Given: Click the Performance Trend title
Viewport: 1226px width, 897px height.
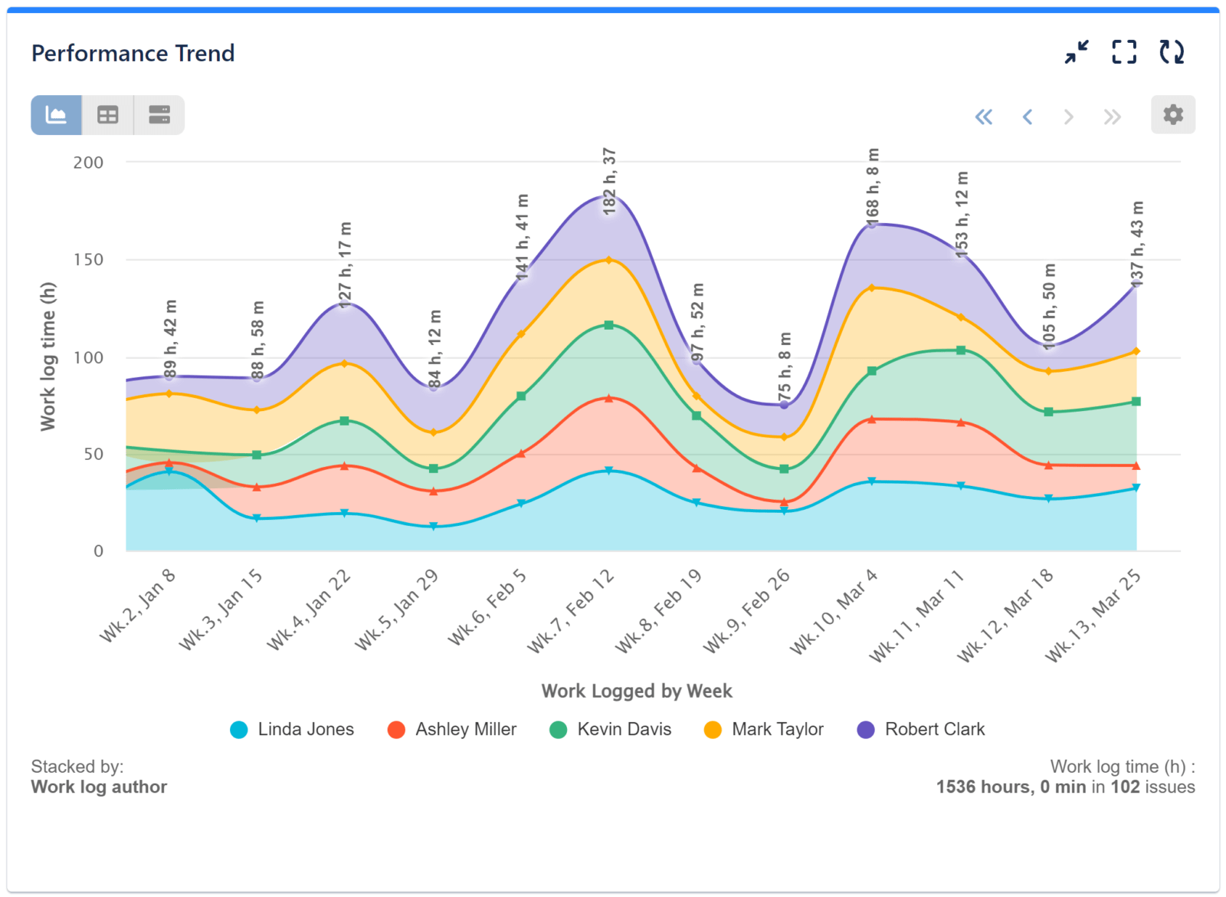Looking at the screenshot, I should click(133, 54).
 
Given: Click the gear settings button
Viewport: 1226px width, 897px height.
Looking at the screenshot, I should click(1172, 115).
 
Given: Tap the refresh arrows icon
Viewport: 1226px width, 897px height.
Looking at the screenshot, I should click(1171, 52).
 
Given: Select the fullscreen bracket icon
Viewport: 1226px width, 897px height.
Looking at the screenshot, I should click(1124, 52).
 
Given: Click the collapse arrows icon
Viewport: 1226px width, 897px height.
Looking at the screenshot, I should click(1077, 52).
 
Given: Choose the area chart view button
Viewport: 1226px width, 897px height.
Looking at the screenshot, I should click(56, 115).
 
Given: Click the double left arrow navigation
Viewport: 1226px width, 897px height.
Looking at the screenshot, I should click(983, 117).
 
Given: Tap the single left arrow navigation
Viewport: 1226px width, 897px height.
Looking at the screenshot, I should click(1028, 117).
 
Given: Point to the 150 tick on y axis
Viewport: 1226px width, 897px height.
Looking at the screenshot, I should click(88, 260).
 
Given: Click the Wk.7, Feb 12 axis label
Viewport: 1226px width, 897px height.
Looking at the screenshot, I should click(572, 611).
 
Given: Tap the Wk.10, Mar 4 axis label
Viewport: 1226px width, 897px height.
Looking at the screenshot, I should click(834, 611).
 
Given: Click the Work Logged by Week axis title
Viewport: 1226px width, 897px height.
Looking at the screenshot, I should click(637, 691).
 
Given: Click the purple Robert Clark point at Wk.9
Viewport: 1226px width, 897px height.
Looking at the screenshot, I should click(784, 404).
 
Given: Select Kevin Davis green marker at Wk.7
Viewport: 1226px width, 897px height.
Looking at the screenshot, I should click(609, 325).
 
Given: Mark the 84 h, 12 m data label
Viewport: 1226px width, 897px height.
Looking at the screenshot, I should click(434, 349).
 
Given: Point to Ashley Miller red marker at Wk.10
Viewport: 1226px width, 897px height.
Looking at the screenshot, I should click(871, 419).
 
